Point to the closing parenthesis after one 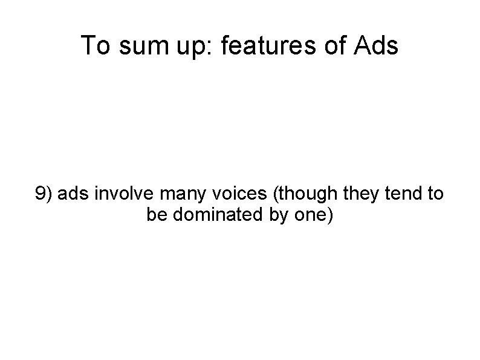pos(329,215)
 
